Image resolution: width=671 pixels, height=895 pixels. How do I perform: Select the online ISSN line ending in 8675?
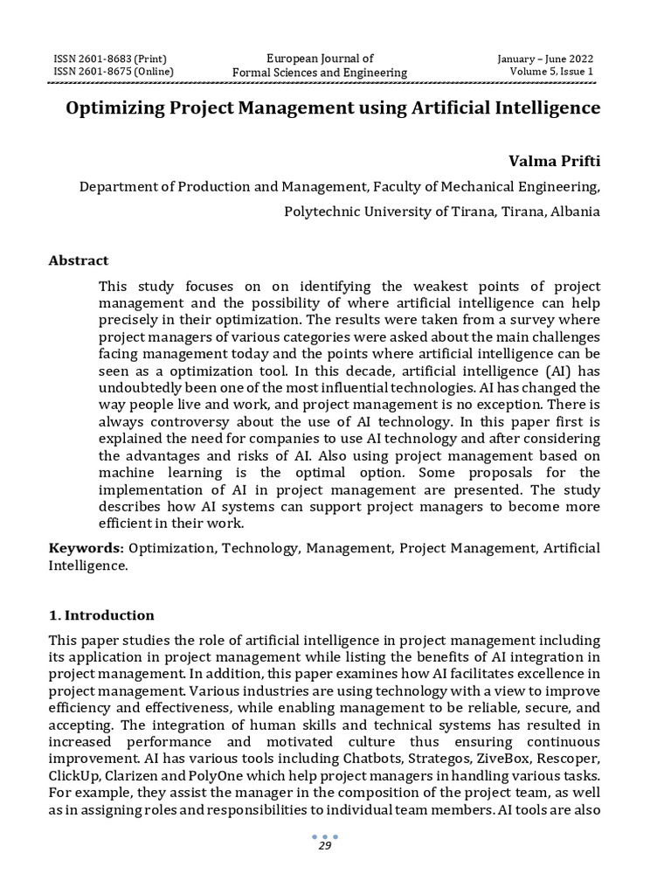coord(114,72)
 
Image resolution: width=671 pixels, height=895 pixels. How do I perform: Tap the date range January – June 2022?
coord(545,59)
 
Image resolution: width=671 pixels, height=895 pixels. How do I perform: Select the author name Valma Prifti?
coord(554,161)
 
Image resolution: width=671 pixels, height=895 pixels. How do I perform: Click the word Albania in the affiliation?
coord(575,212)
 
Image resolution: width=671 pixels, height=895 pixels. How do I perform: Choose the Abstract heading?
coord(79,260)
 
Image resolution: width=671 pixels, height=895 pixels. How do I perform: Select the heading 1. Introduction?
coord(101,615)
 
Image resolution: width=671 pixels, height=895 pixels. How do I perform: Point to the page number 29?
coord(324,847)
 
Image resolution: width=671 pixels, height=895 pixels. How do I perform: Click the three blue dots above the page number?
coord(324,836)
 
